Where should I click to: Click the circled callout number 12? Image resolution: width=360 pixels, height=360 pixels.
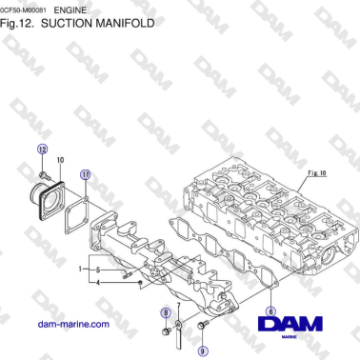tap(41, 150)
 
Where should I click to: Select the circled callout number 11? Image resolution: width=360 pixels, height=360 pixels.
tap(86, 175)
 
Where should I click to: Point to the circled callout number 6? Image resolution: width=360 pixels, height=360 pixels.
tap(271, 310)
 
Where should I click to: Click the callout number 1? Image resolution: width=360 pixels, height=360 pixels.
tap(83, 270)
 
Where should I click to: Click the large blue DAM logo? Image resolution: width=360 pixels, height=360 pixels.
tap(291, 327)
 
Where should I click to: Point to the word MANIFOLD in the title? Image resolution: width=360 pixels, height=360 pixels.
tap(119, 22)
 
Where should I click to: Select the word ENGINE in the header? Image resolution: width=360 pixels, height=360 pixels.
tap(84, 8)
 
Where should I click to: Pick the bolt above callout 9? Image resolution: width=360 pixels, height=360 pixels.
tap(202, 328)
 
